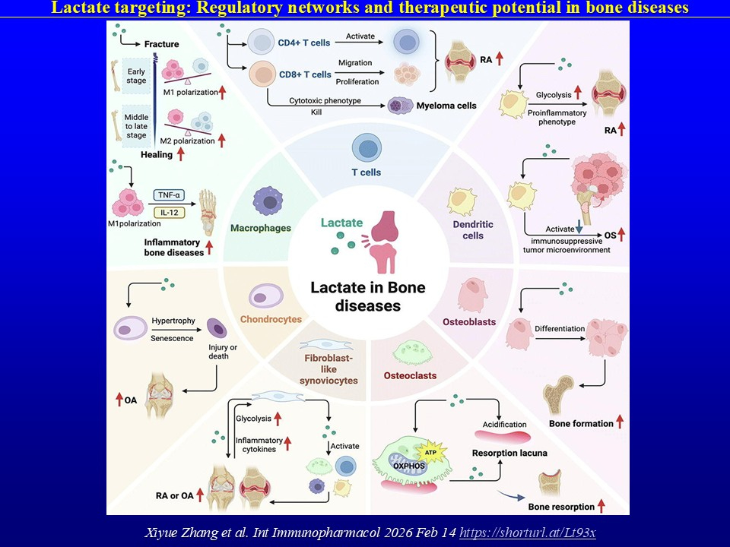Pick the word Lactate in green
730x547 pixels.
pyautogui.click(x=341, y=223)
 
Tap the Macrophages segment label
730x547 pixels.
pyautogui.click(x=262, y=228)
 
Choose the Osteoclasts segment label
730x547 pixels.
pyautogui.click(x=410, y=375)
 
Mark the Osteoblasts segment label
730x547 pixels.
pyautogui.click(x=469, y=322)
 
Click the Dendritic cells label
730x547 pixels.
pyautogui.click(x=473, y=230)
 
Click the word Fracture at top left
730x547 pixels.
pyautogui.click(x=160, y=44)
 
